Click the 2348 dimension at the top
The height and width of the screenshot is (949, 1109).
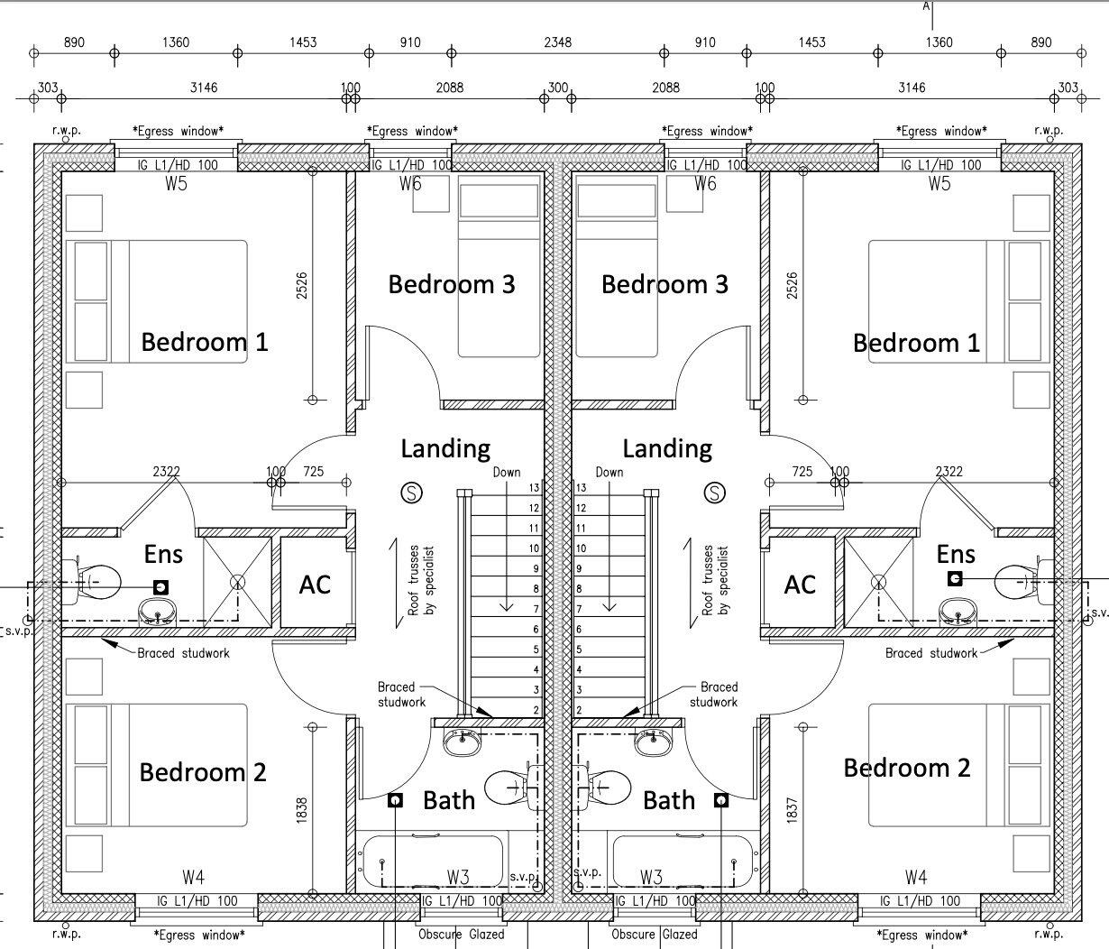pyautogui.click(x=557, y=42)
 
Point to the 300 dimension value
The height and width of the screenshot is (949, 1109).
pyautogui.click(x=557, y=88)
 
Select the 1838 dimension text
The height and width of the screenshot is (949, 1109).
pyautogui.click(x=302, y=808)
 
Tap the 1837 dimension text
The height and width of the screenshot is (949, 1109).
pyautogui.click(x=793, y=808)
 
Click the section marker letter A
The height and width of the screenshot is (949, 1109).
pyautogui.click(x=926, y=5)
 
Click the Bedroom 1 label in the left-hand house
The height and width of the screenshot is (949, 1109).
pyautogui.click(x=205, y=342)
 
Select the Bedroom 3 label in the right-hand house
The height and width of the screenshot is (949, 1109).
pyautogui.click(x=664, y=284)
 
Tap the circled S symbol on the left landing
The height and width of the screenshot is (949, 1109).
pyautogui.click(x=412, y=493)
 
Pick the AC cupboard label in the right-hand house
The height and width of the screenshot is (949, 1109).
pyautogui.click(x=800, y=585)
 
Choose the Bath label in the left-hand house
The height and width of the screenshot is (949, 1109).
pyautogui.click(x=449, y=800)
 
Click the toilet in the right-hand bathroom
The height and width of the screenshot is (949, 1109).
pyautogui.click(x=606, y=787)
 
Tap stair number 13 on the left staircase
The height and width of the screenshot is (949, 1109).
pyautogui.click(x=533, y=488)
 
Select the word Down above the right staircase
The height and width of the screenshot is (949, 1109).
pyautogui.click(x=609, y=472)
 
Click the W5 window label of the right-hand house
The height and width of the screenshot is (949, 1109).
pyautogui.click(x=939, y=184)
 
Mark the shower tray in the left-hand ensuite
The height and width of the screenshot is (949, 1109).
pyautogui.click(x=236, y=582)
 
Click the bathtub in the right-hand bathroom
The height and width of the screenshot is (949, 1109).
pyautogui.click(x=683, y=861)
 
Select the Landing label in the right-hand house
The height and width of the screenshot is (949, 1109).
pyautogui.click(x=667, y=448)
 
